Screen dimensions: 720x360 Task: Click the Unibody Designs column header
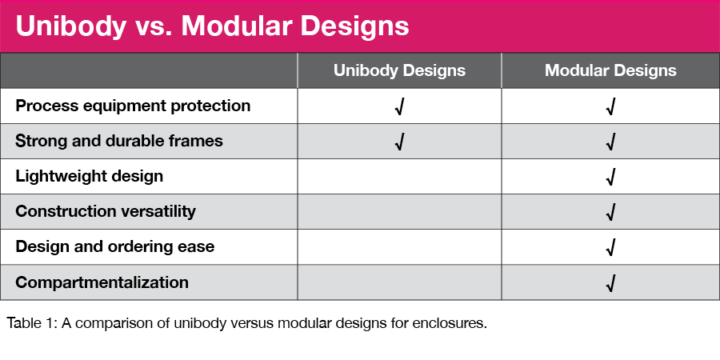click(x=399, y=70)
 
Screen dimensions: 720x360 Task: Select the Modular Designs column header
click(x=610, y=70)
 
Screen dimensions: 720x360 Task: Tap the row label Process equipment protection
click(x=133, y=106)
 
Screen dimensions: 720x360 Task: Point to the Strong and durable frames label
click(x=119, y=141)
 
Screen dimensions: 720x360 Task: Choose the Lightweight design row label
click(x=89, y=176)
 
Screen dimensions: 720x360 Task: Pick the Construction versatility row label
click(x=106, y=211)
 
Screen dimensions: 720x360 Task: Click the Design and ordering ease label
click(x=114, y=246)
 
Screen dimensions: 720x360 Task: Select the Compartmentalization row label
click(x=102, y=282)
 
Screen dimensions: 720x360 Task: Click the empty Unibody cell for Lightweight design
click(x=399, y=176)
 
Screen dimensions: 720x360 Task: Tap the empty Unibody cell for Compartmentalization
click(x=399, y=282)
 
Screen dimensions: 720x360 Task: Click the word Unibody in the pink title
click(x=70, y=26)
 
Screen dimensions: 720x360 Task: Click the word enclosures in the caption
click(x=449, y=323)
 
